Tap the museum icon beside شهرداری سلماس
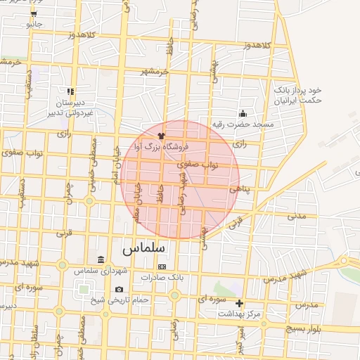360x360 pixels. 102,261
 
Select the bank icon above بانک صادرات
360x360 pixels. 162,267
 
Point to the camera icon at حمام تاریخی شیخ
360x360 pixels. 119,290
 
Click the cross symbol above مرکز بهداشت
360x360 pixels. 240,304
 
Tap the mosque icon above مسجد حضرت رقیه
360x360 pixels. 243,114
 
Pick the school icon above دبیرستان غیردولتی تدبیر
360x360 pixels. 70,91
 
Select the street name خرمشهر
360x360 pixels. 155,71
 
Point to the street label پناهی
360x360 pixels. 239,189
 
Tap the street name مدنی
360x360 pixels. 296,216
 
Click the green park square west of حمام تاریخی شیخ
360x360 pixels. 84,288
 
